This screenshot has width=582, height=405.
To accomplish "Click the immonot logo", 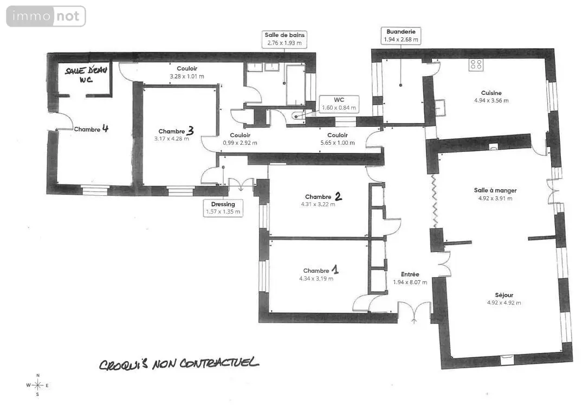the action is click(46, 16).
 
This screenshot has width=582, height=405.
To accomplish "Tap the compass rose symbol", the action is click(37, 385).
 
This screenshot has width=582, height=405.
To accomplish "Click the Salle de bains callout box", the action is click(284, 39).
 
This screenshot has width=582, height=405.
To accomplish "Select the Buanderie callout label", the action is click(401, 36).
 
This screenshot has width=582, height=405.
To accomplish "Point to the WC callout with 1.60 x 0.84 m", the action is click(339, 104).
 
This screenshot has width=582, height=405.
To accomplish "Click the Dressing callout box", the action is click(223, 208).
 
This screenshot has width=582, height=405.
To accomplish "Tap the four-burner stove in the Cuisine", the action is click(476, 65).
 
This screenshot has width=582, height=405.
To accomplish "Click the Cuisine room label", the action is click(492, 93).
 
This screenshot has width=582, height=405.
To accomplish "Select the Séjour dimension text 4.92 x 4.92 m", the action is click(503, 303).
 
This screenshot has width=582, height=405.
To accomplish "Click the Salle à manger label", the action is click(495, 190).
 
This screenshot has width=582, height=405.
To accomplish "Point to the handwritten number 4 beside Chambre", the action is click(106, 128).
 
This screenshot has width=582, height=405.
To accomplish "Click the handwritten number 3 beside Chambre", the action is click(190, 130).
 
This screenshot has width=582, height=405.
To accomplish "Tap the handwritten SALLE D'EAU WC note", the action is click(86, 75).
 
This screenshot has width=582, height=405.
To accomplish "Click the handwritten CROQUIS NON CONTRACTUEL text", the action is click(178, 363).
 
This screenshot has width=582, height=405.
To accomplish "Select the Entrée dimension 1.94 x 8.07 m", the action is click(410, 282).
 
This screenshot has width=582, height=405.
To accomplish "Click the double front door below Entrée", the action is click(414, 311).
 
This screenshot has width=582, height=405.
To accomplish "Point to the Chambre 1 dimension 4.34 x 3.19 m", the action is click(316, 279).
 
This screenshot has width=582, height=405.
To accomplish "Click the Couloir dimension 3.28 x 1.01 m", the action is click(187, 76).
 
